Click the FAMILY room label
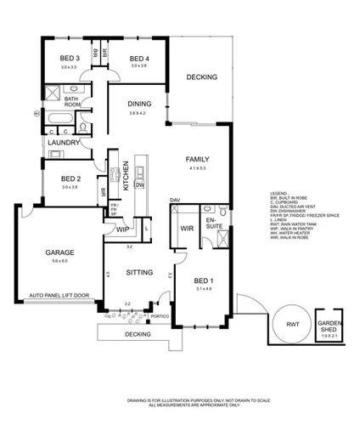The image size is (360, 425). coord(198,160)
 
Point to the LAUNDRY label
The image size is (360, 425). coord(65,143)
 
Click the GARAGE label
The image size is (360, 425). coord(59,252)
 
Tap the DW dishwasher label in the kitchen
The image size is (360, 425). coord(139,184)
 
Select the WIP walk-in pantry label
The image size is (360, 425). coord(123,229)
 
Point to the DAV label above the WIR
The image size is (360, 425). coord(176,199)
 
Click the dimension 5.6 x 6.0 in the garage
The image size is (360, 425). coord(59,261)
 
